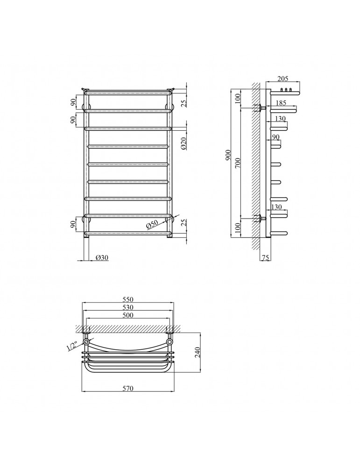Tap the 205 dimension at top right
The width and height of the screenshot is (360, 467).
click(x=283, y=78)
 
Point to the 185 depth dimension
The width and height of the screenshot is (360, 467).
click(x=281, y=103)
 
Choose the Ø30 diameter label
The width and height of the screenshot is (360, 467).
click(x=102, y=258)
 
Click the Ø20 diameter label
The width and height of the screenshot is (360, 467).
click(x=184, y=143)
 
